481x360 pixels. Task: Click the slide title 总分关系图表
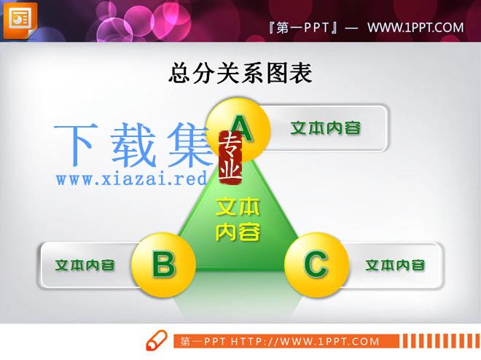tap(240, 73)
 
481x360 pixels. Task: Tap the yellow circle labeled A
tap(238, 130)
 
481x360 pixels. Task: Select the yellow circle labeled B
tap(163, 265)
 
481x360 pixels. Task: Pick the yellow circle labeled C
tap(316, 265)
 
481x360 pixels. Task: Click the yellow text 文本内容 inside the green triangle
tap(238, 219)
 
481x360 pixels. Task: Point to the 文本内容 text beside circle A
tap(326, 128)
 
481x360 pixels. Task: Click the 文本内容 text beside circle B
tap(85, 265)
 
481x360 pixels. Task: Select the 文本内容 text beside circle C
tap(396, 265)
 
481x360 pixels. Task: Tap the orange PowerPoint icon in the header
tap(20, 20)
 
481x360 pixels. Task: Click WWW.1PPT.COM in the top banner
tap(415, 28)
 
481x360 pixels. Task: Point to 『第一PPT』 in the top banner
tap(303, 28)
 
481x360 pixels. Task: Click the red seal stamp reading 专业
tap(230, 157)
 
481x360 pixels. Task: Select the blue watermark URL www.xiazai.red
tap(132, 179)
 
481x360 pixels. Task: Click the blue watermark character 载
tap(133, 144)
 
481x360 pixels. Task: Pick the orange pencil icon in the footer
tap(157, 340)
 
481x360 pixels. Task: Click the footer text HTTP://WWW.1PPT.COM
tap(305, 342)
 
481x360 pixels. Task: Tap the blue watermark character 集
tap(190, 144)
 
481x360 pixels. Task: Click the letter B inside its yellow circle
tap(164, 265)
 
